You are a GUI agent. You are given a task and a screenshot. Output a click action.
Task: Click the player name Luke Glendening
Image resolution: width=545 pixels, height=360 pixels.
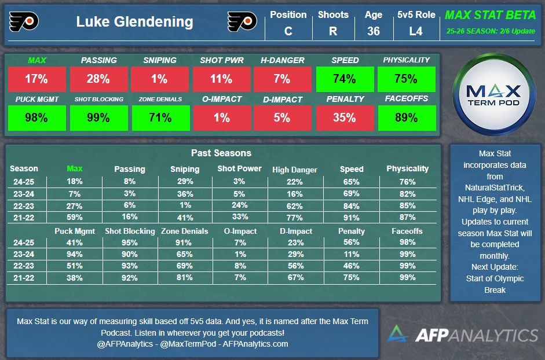(x=134, y=23)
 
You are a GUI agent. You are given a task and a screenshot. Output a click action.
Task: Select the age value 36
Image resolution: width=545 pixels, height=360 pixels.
(x=374, y=31)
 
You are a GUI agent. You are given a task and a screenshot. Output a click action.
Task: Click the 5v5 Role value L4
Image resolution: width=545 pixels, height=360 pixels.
(x=416, y=31)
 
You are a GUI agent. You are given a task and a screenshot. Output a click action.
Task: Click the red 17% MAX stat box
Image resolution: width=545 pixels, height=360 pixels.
(x=36, y=79)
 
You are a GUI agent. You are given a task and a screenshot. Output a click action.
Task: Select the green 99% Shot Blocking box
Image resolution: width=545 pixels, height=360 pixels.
(x=98, y=117)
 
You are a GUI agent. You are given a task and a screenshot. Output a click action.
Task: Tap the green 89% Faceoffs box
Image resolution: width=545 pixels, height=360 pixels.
(x=406, y=117)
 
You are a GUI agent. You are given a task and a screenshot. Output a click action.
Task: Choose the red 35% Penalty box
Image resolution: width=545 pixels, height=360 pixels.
(x=344, y=117)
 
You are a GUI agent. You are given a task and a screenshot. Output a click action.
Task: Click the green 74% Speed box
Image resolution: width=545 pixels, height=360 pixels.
(x=344, y=79)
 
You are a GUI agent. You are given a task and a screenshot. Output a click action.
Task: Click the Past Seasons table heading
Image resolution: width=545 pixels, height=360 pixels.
(x=221, y=153)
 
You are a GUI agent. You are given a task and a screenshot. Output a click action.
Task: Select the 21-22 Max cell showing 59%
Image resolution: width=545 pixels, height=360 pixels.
(x=75, y=218)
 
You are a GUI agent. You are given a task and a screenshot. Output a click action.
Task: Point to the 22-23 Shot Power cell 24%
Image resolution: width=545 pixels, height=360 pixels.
(x=239, y=205)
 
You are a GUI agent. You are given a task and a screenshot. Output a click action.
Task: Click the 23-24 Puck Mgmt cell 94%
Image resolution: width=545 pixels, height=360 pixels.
(x=75, y=254)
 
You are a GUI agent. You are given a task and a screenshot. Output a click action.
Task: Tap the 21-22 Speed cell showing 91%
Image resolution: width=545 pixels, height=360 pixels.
(x=351, y=218)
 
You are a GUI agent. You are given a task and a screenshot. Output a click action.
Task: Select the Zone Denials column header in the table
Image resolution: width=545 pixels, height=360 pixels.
(x=184, y=231)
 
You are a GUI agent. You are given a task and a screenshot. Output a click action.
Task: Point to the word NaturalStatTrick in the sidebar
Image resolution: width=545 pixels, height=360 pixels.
(x=495, y=188)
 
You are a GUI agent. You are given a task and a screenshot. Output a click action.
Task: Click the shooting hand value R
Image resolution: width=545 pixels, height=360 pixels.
(x=333, y=31)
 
